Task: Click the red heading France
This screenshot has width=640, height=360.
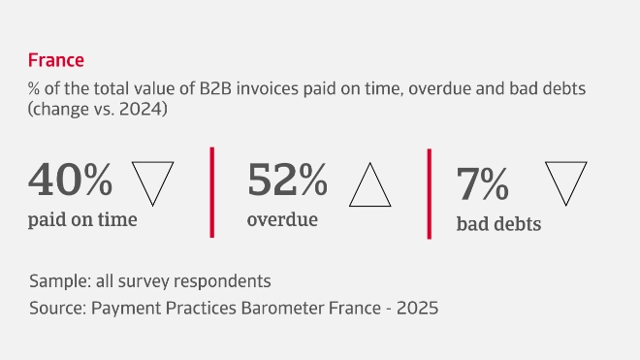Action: tap(56, 60)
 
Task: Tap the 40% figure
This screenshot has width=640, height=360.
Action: tap(71, 180)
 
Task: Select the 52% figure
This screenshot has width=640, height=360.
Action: tap(288, 180)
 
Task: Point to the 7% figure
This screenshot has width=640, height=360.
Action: tap(482, 183)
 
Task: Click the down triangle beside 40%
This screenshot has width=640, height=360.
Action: tap(152, 180)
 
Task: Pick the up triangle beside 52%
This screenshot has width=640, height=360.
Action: tap(369, 184)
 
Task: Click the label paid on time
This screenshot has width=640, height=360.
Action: tap(83, 219)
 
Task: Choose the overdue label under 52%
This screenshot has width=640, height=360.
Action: tap(282, 219)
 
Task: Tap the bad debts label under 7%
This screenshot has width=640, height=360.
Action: tap(498, 224)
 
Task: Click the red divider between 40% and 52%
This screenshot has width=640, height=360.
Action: tap(211, 191)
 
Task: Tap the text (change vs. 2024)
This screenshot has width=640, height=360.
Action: tap(99, 110)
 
